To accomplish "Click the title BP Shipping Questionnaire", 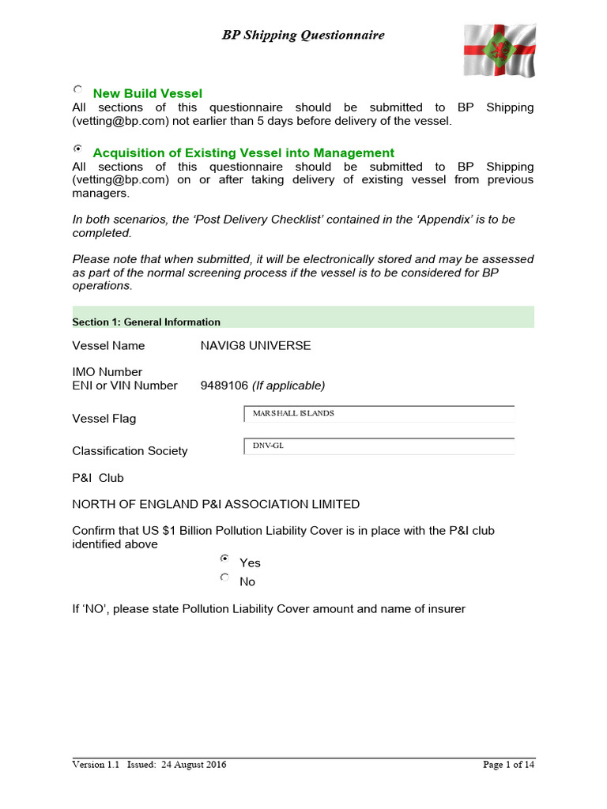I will coord(303,36).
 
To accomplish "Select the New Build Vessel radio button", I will coord(77,90).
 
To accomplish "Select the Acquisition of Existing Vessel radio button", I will coord(77,149).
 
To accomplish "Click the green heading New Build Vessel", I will coord(148,93).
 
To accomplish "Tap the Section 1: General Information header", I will coord(146,322).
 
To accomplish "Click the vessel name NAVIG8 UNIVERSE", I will coord(256,345).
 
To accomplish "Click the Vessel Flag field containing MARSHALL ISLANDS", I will coord(379,414).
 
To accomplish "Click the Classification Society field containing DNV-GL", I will coord(379,446).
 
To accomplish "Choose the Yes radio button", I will coord(224,559).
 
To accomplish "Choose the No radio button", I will coord(224,578).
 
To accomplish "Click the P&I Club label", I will coord(98,477).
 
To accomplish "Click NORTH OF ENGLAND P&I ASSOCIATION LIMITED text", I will coord(216,504).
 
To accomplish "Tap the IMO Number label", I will coord(107,371).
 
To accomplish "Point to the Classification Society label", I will coord(130,450).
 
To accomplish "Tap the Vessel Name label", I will coord(108,345).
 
